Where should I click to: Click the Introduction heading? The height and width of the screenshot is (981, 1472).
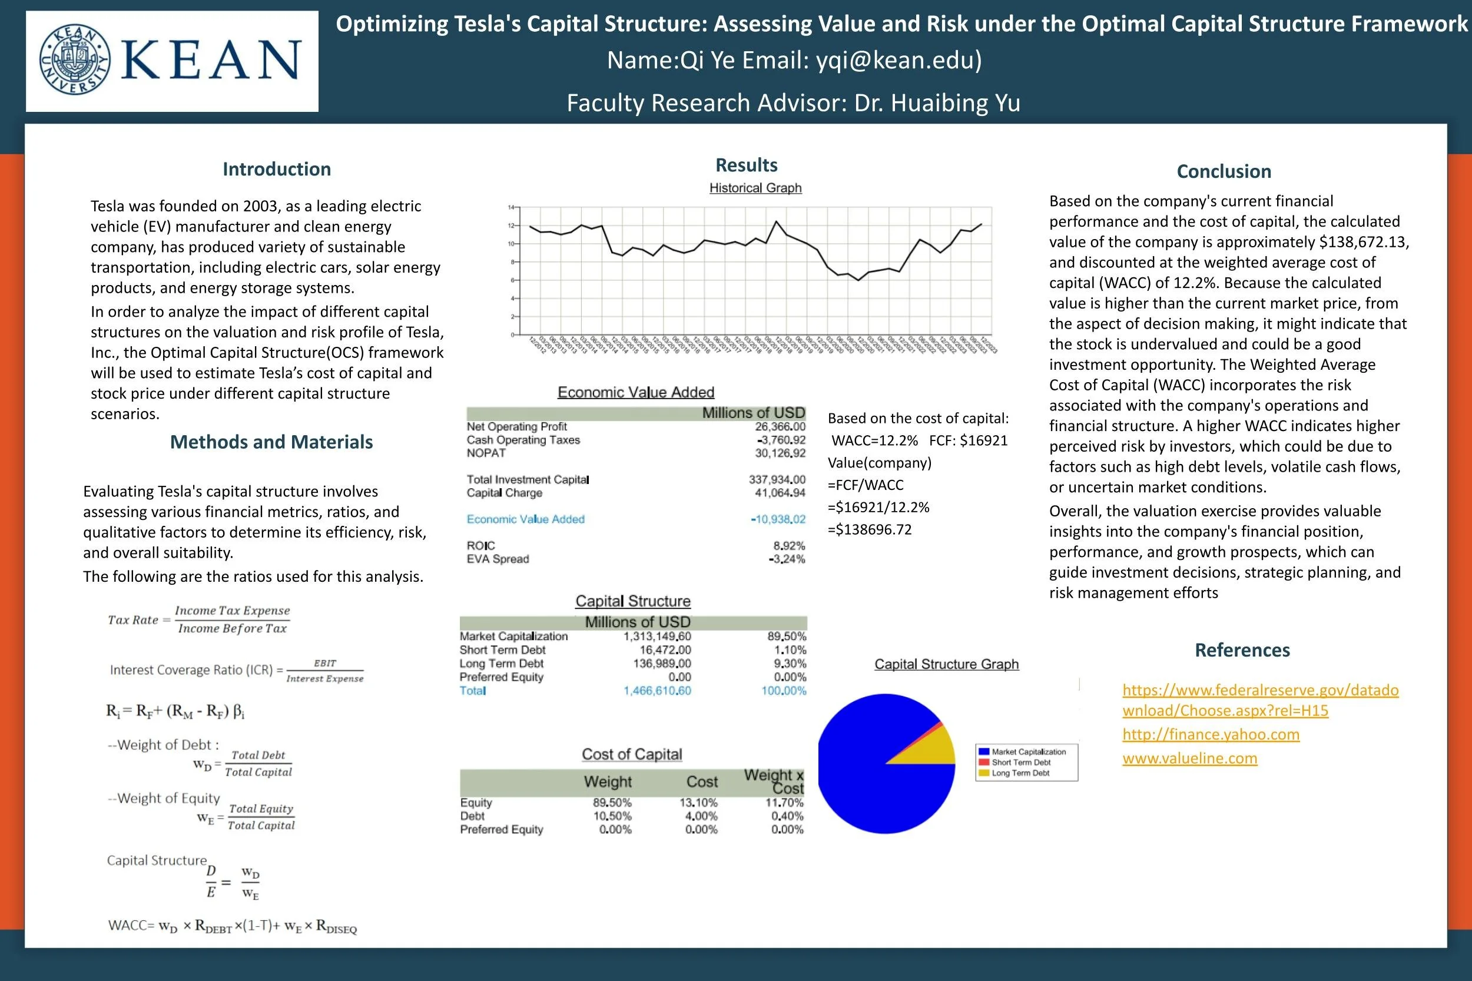point(277,169)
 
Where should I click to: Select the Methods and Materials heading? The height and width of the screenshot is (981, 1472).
point(271,442)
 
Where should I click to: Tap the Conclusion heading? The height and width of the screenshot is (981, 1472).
point(1224,171)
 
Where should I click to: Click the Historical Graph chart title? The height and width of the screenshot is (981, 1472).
point(755,188)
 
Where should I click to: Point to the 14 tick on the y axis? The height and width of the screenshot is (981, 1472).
point(511,207)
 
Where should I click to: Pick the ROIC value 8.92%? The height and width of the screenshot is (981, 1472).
point(789,545)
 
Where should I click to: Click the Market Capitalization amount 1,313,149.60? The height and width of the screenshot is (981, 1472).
point(657,637)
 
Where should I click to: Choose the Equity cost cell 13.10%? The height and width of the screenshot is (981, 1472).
point(698,803)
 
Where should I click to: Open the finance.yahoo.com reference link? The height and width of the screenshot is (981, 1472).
point(1211,734)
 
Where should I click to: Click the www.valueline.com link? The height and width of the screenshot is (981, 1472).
point(1189,758)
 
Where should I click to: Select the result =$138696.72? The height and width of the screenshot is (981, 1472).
point(870,530)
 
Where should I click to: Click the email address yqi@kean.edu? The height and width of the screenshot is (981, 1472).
point(899,60)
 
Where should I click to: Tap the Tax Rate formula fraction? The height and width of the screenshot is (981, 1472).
point(232,619)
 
